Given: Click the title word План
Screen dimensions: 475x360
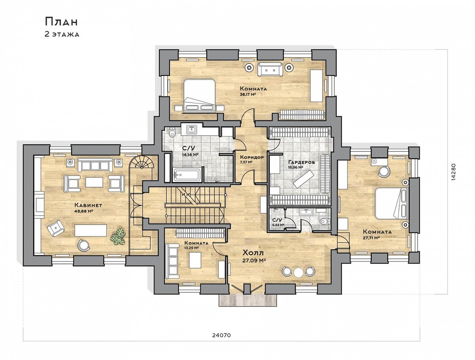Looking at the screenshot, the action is (61, 22).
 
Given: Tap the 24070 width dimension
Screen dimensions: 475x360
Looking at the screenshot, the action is (221, 335).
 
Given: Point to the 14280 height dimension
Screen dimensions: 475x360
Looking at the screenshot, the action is (454, 172).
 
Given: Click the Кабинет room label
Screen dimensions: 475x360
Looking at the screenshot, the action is (88, 205).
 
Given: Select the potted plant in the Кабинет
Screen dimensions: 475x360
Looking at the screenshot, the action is (118, 237).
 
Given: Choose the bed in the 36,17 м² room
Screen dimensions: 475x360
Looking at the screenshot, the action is (199, 96).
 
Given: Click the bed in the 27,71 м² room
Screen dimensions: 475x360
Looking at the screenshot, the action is (391, 203).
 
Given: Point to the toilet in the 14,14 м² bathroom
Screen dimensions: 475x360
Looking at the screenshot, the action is (173, 132).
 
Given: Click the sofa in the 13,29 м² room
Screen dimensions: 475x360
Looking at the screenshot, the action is (172, 261).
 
